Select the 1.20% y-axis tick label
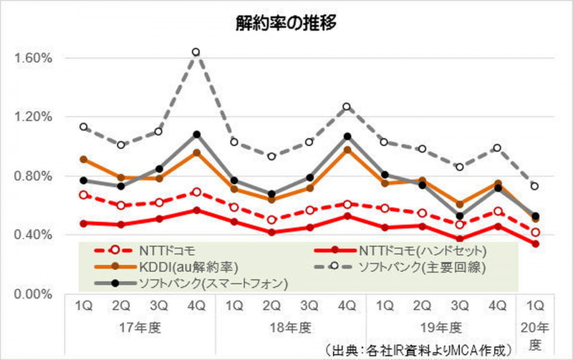pos(29,117)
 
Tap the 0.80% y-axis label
pos(29,176)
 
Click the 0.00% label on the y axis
pos(29,294)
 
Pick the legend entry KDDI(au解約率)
pos(157,267)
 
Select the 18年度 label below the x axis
pos(290,328)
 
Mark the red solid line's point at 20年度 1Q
pos(535,244)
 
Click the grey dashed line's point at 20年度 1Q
pos(535,186)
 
